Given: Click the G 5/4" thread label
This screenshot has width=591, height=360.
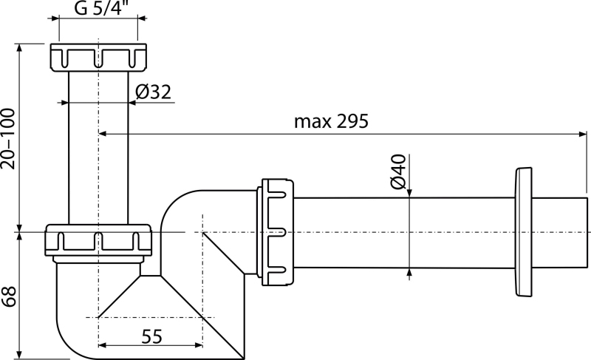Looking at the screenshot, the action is pos(99,8).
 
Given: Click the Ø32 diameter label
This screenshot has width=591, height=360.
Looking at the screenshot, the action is pos(153,92).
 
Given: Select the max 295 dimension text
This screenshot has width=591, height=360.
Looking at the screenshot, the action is pos(331,121).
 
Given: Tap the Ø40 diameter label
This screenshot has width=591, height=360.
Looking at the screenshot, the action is pos(398,171).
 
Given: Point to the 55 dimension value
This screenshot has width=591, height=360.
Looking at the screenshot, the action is pos(152,336).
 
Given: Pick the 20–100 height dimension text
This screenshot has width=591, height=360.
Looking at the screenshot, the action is pos(8,139).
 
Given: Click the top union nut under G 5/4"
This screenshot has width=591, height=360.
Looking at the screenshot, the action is pos(98,58).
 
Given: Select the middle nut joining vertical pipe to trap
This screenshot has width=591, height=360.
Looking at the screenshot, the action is pos(98,241).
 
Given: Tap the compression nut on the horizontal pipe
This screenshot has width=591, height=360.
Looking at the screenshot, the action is pos(275,232).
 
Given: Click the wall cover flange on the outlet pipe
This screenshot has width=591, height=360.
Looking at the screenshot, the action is pos(523,232).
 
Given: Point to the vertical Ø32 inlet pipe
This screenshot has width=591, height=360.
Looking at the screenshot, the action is pos(98,148).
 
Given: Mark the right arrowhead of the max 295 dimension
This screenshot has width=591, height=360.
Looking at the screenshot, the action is pos(583,134).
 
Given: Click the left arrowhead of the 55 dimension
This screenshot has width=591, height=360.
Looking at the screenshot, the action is pos(103,345).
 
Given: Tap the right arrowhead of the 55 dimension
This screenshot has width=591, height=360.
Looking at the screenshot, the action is pos(198,345).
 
